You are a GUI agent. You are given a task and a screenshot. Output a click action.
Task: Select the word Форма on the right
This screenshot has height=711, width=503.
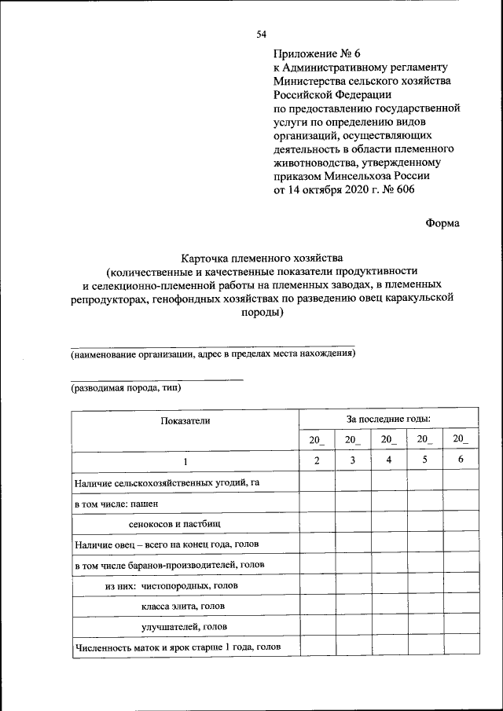click(442, 222)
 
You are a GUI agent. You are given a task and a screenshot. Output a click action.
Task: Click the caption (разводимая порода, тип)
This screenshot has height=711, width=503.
click(127, 388)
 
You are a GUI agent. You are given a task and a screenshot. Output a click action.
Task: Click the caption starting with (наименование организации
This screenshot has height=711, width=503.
click(213, 354)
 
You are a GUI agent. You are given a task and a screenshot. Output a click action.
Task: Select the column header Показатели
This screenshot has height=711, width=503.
click(185, 421)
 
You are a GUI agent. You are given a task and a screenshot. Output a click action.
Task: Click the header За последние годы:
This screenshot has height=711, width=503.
click(388, 420)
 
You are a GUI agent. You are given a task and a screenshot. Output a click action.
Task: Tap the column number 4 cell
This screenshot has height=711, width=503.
click(388, 460)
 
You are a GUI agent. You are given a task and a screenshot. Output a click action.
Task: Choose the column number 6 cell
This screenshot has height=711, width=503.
click(461, 460)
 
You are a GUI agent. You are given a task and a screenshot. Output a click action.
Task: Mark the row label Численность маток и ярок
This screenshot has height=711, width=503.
click(178, 648)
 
